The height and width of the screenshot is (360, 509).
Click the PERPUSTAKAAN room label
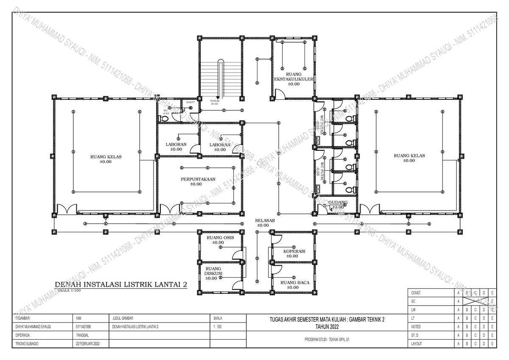pos(196,179)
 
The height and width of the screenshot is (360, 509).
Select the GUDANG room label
pos(338,202)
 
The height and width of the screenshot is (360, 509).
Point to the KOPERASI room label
pos(294,251)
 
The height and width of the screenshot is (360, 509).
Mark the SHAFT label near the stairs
pos(190,102)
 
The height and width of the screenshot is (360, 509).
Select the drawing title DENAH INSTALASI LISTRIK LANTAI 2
pos(121,284)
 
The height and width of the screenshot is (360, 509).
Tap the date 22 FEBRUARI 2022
pos(88,343)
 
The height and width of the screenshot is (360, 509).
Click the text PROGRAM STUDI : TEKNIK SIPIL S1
pos(327,340)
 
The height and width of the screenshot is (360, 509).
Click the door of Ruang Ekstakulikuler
pos(280,93)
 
